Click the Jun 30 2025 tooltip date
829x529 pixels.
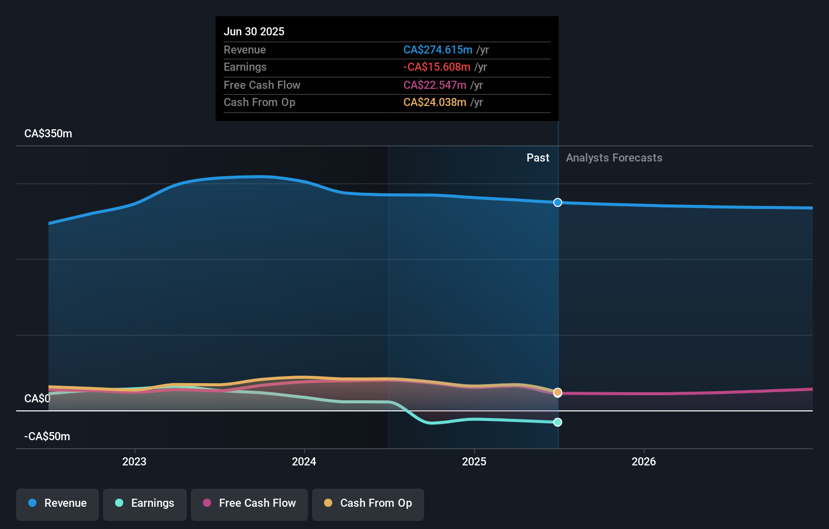[254, 31]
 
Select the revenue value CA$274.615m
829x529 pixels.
[438, 49]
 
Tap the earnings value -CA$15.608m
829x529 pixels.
[437, 67]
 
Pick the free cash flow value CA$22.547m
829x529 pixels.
[435, 85]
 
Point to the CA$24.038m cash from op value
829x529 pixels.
[435, 102]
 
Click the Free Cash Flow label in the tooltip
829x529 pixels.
[262, 85]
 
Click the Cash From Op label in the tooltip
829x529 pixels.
[259, 102]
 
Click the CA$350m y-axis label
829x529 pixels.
[48, 133]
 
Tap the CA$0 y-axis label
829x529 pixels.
[37, 398]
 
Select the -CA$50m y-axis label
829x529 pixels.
[47, 436]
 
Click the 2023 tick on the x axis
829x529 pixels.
[134, 461]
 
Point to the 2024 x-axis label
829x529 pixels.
[304, 461]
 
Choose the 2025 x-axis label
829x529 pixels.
[474, 461]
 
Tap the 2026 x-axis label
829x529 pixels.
[644, 461]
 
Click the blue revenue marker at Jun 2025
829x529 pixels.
[557, 202]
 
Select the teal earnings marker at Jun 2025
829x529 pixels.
[557, 422]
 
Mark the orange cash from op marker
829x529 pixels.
[557, 392]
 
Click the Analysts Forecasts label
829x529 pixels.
[614, 157]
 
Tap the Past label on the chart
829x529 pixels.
[538, 157]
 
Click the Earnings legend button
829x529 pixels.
[145, 503]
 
